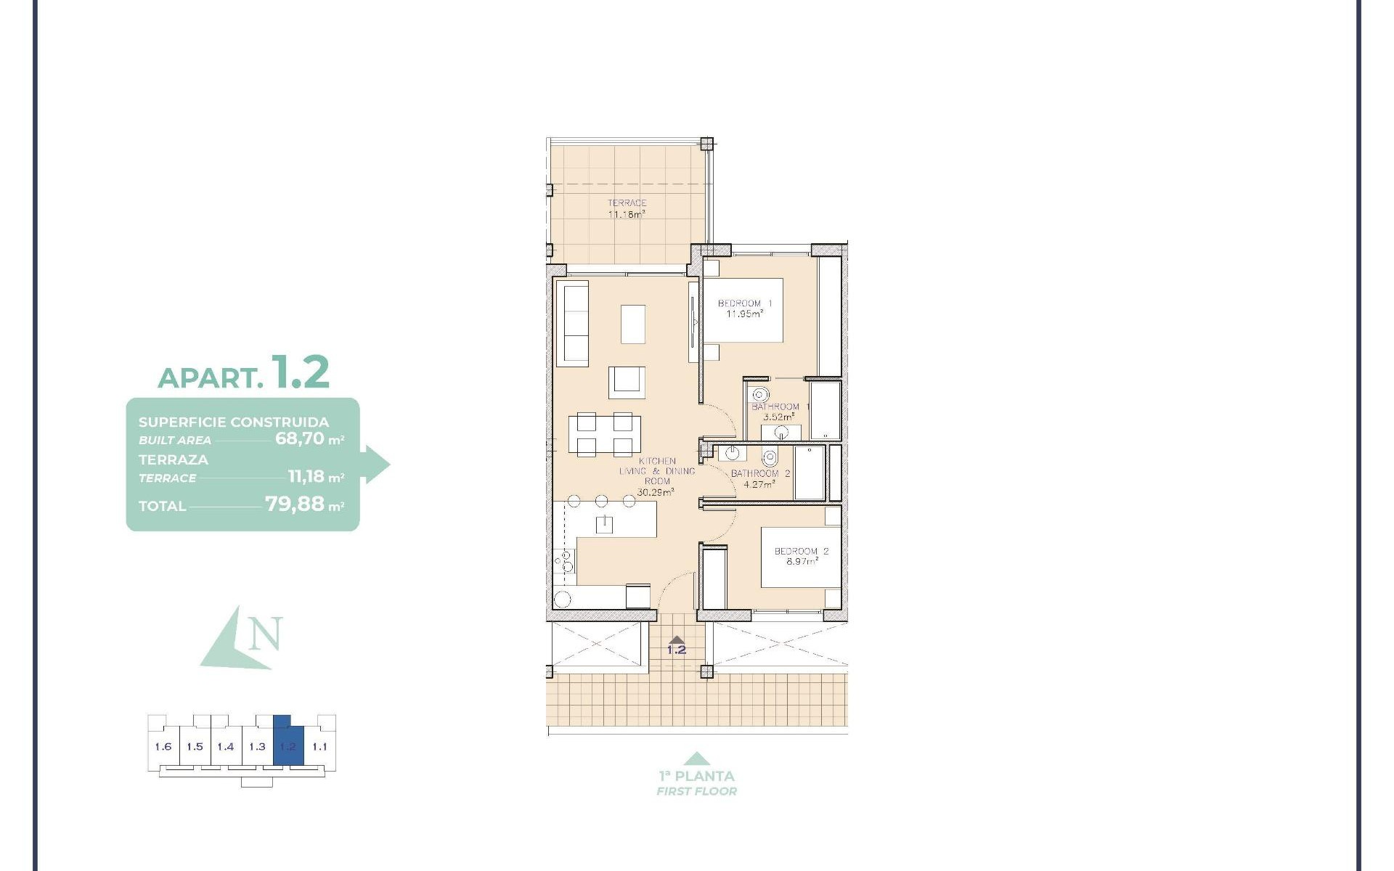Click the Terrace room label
tap(627, 203)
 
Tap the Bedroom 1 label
tap(745, 303)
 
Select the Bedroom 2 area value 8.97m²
tap(801, 561)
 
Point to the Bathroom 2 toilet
tap(770, 458)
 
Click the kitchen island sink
tap(604, 523)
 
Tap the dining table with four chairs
tap(604, 434)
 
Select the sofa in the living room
tap(572, 324)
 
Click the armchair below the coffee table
tap(626, 382)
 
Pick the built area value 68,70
tap(299, 438)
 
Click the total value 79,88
tap(294, 504)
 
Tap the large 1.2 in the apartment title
tap(300, 372)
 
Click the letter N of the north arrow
tap(264, 634)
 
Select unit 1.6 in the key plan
tap(163, 746)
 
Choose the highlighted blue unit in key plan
tap(288, 746)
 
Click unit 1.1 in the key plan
tap(319, 746)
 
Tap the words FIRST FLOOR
tap(696, 791)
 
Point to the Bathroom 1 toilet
tap(759, 396)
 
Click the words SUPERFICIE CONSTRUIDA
tap(234, 422)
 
